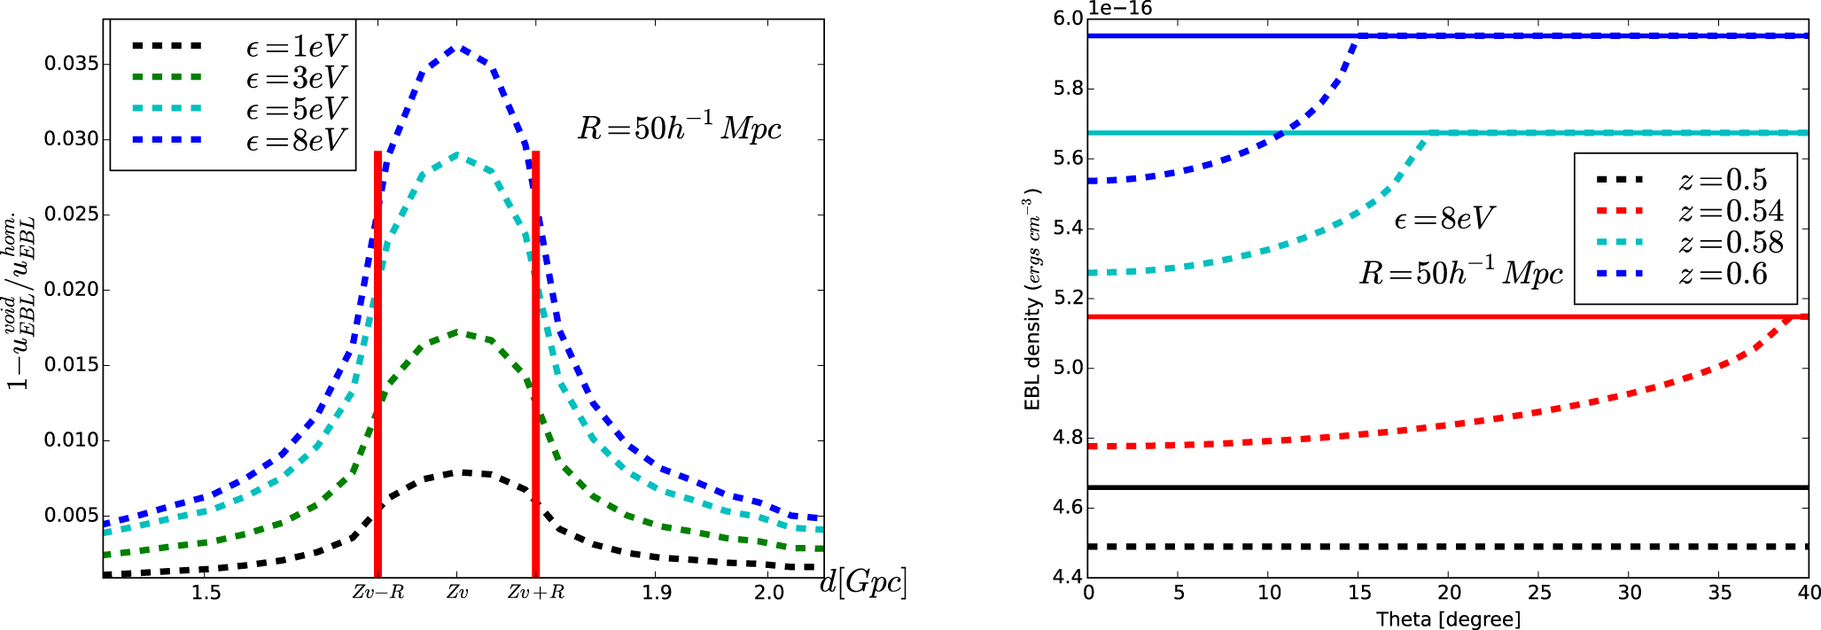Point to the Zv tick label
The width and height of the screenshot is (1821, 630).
(x=457, y=592)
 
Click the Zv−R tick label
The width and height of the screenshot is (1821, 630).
(x=378, y=592)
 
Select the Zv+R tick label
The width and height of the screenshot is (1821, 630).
(x=536, y=592)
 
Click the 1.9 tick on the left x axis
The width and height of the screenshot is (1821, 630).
(x=655, y=592)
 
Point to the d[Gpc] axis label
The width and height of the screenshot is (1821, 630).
(x=863, y=582)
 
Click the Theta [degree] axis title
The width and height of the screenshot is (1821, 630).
(x=1448, y=618)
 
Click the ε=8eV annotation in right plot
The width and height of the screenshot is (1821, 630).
(x=1444, y=218)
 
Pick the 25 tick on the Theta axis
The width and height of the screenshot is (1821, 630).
(x=1540, y=592)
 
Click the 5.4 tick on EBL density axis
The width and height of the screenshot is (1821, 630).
(x=1065, y=229)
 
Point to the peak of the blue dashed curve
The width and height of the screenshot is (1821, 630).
(x=457, y=47)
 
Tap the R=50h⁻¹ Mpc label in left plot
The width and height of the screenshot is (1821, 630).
(x=680, y=128)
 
